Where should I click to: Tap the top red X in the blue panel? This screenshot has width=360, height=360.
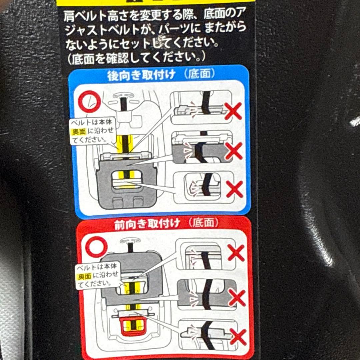[233, 111]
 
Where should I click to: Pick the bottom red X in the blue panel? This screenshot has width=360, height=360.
[235, 189]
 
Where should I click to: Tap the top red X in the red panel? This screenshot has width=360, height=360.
[236, 253]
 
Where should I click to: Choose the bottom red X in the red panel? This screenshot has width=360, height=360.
[238, 337]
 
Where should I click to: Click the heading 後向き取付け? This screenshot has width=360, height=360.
[141, 75]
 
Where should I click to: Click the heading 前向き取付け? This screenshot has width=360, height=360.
[147, 224]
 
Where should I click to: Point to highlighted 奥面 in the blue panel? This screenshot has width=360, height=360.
[79, 132]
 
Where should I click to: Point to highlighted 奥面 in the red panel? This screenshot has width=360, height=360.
[84, 276]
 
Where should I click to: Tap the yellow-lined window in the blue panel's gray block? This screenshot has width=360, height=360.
[126, 179]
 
